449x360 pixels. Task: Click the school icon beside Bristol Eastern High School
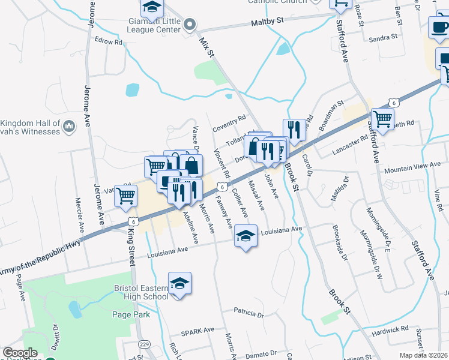pos(179,284)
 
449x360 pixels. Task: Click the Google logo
pos(20,353)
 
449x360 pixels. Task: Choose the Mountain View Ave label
pos(412,166)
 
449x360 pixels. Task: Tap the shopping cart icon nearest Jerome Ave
pos(126,195)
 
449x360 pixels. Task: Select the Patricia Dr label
pos(250,312)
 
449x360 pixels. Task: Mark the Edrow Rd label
pos(108,42)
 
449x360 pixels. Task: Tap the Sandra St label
pos(385,37)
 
